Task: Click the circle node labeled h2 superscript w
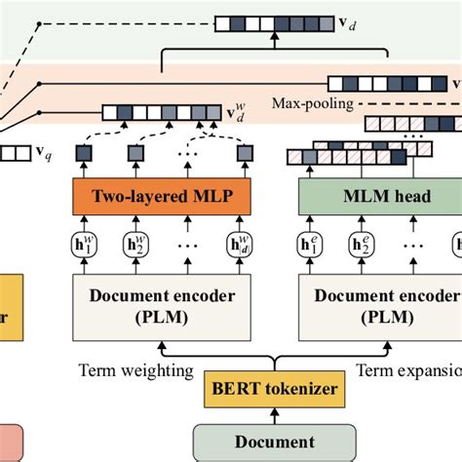(x=135, y=244)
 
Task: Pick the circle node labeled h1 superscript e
(x=310, y=244)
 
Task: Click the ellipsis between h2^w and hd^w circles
(x=185, y=244)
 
